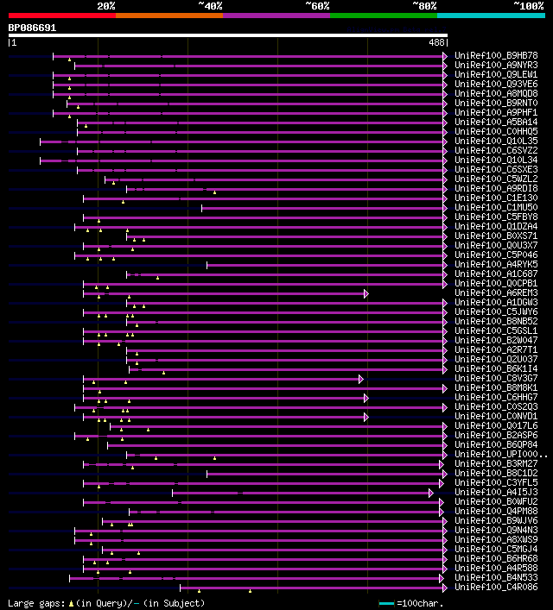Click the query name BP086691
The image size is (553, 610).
click(32, 28)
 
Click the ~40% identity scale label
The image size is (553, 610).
click(210, 6)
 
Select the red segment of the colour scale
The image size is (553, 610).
click(61, 16)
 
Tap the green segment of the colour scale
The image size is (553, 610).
click(383, 16)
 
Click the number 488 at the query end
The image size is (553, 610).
click(436, 41)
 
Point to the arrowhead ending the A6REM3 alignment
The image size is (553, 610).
click(366, 293)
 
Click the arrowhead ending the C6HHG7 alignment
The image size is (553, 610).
click(366, 398)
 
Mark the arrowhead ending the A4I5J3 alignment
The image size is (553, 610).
click(430, 493)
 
